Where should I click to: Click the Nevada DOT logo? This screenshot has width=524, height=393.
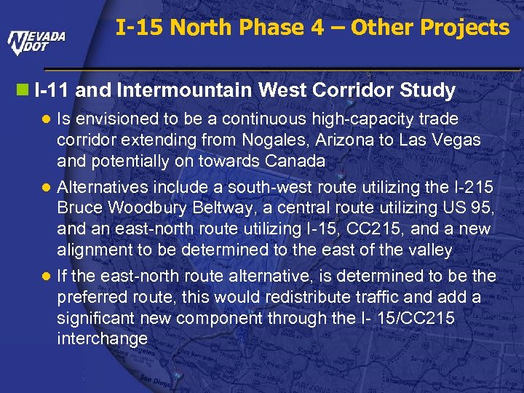point(37,42)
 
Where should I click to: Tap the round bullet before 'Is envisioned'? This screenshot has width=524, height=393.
point(46,119)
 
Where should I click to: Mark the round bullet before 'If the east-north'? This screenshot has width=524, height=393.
point(46,277)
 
